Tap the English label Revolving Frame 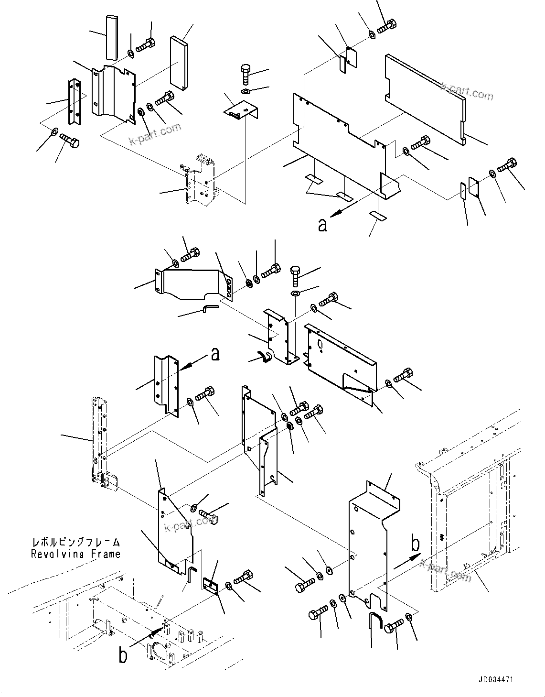point(75,554)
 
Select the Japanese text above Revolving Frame point(75,542)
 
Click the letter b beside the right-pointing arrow point(416,545)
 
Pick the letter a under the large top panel point(323,224)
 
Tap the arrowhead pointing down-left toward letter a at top point(334,214)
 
